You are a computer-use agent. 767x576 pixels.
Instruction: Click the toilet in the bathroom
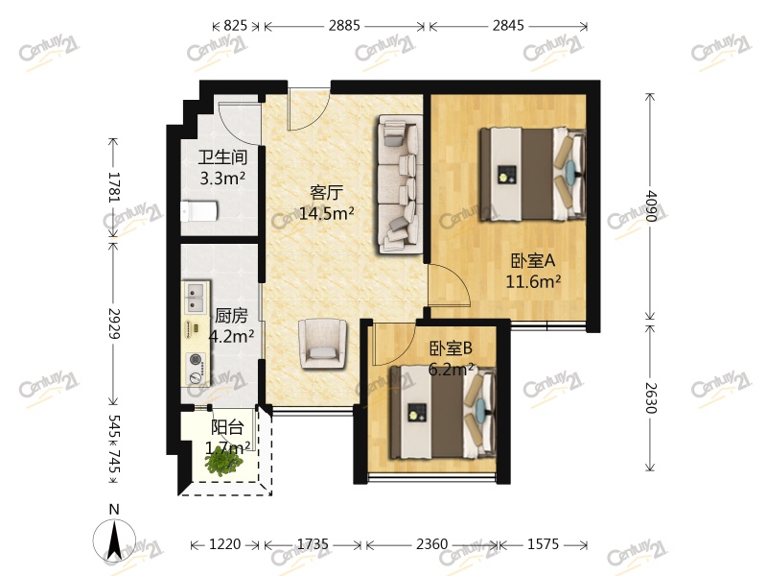click(x=199, y=211)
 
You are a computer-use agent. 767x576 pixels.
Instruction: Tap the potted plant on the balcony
click(x=224, y=462)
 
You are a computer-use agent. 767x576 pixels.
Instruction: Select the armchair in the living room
click(x=323, y=344)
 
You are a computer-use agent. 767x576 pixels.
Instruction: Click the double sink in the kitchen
click(x=197, y=298)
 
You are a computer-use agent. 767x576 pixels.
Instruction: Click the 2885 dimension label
click(x=344, y=26)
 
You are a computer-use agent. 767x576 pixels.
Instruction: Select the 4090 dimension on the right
click(x=651, y=205)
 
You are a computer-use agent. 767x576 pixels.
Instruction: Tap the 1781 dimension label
click(x=113, y=186)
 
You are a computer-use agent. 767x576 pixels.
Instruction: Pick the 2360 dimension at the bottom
click(x=432, y=544)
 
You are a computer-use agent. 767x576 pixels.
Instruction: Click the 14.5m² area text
click(x=326, y=213)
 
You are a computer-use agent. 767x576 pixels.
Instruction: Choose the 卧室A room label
click(x=533, y=260)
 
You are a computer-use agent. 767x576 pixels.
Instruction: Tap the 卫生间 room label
click(x=222, y=157)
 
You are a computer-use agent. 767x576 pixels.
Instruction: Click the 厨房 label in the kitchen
click(x=231, y=316)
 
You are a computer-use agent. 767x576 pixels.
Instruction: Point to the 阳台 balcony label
click(x=227, y=427)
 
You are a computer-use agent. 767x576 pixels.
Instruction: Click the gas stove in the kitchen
click(x=197, y=368)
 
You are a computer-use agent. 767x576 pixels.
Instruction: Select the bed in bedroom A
click(x=532, y=174)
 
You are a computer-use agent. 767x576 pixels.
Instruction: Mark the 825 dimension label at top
click(x=235, y=26)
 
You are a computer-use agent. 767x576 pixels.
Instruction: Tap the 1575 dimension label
click(x=543, y=544)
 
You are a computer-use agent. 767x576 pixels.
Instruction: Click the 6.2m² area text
click(x=451, y=369)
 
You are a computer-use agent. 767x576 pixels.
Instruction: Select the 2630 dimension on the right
click(x=651, y=397)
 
